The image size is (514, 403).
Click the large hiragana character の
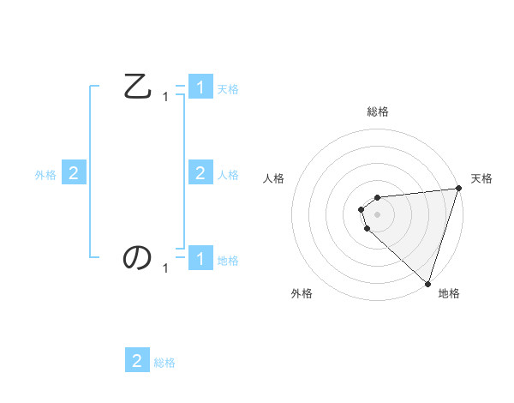pos(138,257)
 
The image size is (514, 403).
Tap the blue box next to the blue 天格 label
pos(200,87)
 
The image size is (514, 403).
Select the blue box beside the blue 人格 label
pos(200,173)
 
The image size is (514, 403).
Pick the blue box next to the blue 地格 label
pos(200,258)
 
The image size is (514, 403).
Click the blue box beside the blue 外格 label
pos(74,173)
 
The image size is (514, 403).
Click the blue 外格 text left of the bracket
pos(45,175)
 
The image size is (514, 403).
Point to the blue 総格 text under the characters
pos(164,363)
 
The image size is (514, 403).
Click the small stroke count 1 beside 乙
pos(165,98)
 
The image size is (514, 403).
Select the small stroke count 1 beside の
pos(165,268)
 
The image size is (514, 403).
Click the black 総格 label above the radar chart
pos(378,111)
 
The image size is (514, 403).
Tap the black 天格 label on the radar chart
pos(481,178)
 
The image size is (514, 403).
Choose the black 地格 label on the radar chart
pos(449,294)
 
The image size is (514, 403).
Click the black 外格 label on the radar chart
pos(302,294)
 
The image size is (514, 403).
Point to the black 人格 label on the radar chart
pos(274,178)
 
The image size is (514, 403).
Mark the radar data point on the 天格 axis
pos(458,188)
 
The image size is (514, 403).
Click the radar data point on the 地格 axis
pos(427,284)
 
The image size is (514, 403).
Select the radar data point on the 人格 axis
pos(362,209)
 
